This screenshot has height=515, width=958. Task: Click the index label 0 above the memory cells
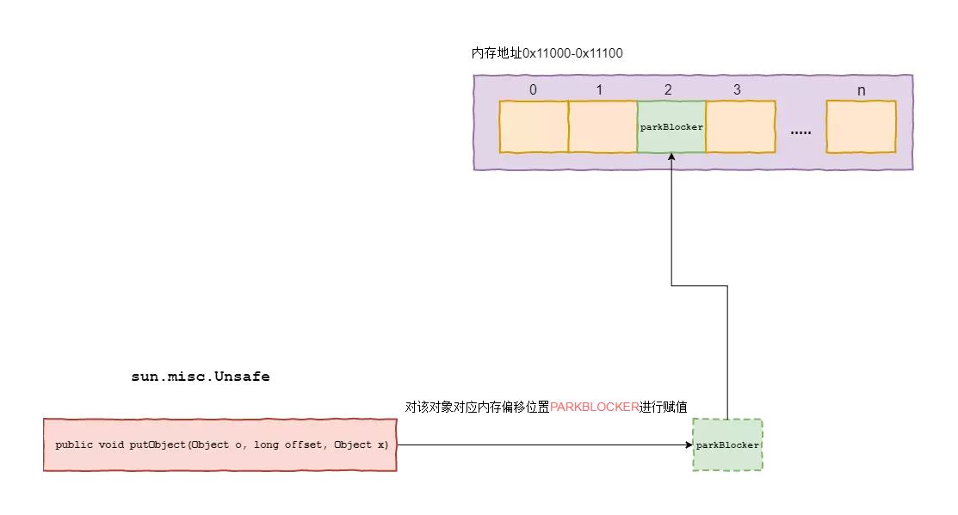pos(533,89)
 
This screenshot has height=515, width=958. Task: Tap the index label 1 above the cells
pos(599,89)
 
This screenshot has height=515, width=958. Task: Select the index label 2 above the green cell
pos(668,89)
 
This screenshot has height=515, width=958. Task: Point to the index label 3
pos(736,89)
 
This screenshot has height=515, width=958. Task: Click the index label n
pos(861,89)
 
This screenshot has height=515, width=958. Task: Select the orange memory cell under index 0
pos(534,126)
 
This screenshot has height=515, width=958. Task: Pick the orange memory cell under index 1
pos(603,126)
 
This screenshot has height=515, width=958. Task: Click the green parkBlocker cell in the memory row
pos(671,126)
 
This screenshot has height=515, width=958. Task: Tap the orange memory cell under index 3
pos(740,126)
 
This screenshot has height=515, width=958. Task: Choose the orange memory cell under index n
pos(861,126)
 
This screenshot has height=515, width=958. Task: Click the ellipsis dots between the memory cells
pos(800,132)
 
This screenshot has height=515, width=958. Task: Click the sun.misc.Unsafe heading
pos(200,377)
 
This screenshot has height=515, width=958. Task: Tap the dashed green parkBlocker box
pos(727,445)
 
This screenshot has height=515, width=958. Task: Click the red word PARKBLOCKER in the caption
pos(594,407)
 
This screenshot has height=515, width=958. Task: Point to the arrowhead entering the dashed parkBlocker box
pos(689,445)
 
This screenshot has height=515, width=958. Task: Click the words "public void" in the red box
pos(90,445)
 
